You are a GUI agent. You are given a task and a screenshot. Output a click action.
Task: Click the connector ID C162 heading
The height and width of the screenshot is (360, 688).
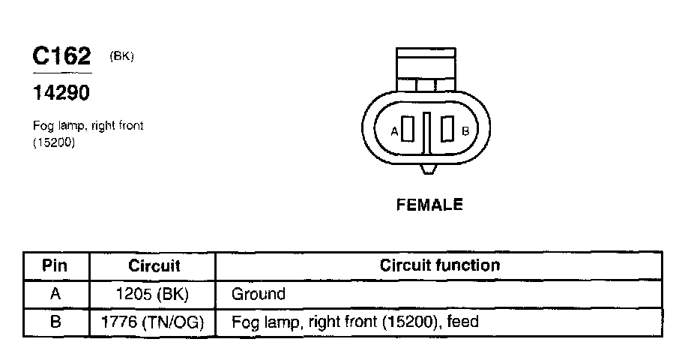[61, 56]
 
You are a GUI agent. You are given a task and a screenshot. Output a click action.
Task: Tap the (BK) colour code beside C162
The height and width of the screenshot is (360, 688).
[121, 57]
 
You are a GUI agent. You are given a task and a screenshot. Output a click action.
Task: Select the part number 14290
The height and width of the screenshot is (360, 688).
[61, 94]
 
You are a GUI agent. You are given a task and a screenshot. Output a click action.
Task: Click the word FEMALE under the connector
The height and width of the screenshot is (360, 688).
[429, 204]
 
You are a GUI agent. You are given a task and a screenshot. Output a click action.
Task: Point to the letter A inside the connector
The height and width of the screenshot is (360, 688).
[395, 131]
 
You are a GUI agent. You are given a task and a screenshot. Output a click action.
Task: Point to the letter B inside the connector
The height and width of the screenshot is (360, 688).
[465, 131]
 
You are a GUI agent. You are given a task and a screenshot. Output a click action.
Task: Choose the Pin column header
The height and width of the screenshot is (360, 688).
[55, 265]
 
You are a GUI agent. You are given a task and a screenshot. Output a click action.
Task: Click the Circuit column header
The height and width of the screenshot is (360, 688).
[154, 265]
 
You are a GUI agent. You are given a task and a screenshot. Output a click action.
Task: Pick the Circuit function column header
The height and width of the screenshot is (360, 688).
[439, 265]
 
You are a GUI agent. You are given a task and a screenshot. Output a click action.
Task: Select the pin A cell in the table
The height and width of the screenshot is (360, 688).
[55, 294]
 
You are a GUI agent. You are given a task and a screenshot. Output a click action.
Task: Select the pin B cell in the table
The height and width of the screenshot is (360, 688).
[55, 322]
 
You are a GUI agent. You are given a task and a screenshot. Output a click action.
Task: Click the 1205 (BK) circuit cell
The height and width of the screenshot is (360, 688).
[154, 294]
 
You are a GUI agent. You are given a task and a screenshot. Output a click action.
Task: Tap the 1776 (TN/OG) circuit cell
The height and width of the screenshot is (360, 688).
[154, 322]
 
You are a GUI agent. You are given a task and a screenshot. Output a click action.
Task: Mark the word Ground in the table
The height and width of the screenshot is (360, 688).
[259, 294]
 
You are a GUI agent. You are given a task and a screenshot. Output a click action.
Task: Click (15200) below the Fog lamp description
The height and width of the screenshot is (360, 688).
[54, 143]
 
